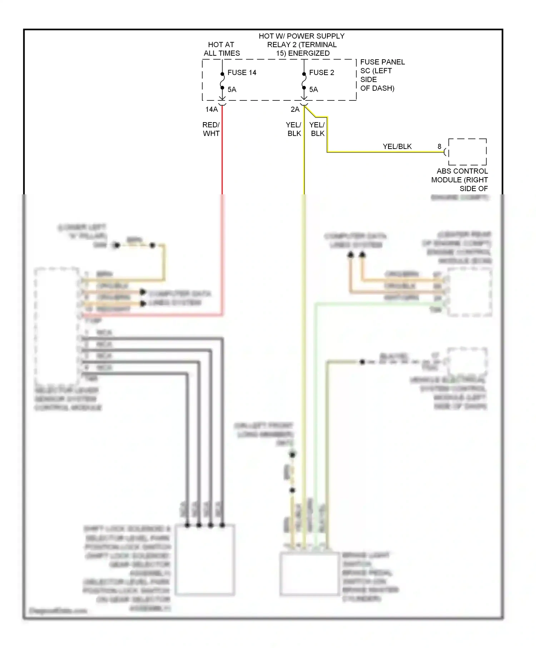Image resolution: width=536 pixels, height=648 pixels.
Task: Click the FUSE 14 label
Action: tap(242, 73)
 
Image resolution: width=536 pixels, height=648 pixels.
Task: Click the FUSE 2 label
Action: tap(321, 73)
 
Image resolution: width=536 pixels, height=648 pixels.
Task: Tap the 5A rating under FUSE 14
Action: tap(232, 90)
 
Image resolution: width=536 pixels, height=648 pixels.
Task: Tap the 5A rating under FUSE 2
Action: tap(313, 90)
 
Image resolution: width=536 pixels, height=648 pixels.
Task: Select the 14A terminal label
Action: tap(211, 109)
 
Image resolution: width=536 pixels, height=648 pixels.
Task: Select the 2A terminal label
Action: tap(295, 109)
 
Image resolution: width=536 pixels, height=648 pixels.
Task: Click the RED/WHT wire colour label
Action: tap(211, 129)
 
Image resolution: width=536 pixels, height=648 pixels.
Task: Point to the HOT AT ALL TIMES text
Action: tap(222, 49)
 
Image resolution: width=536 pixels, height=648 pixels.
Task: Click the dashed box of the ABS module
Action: tap(467, 152)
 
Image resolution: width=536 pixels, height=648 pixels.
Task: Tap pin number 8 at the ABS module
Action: tap(439, 146)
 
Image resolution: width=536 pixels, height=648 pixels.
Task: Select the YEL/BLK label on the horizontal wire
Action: tap(397, 146)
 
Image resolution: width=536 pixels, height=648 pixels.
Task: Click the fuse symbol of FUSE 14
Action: tap(222, 81)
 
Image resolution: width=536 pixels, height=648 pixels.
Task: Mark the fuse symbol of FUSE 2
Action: tap(304, 81)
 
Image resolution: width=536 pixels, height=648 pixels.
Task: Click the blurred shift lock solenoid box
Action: tap(205, 559)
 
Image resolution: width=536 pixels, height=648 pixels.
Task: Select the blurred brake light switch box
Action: tap(309, 574)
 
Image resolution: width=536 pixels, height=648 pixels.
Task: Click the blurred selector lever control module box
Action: tap(56, 325)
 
